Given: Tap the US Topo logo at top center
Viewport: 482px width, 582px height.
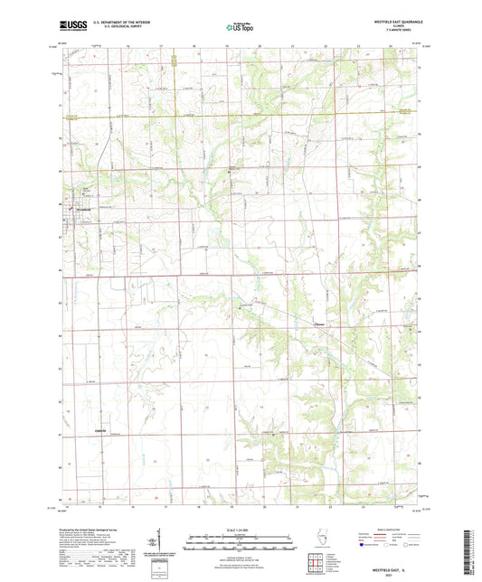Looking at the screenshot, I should coord(240,28).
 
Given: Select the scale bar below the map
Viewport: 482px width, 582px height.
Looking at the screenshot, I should coord(240,538).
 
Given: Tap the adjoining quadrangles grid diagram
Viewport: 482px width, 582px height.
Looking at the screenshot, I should coord(317,563).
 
